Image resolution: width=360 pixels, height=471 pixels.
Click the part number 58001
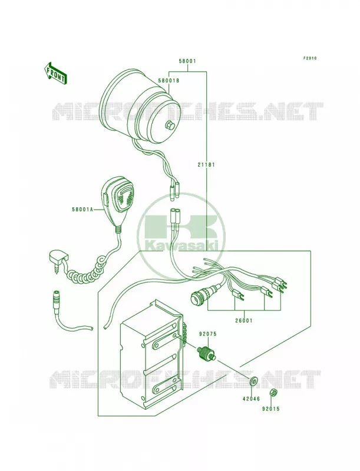pos(187,61)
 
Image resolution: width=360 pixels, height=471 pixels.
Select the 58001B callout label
pos(169,81)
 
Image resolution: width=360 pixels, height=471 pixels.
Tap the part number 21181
pos(206,165)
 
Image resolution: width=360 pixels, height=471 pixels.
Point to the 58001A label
pos(82,210)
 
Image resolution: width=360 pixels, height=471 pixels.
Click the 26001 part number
pos(244,320)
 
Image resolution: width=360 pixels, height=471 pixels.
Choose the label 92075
pos(207,334)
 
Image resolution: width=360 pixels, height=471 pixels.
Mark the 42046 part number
pos(251,399)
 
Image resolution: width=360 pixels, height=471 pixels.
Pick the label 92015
pos(270,409)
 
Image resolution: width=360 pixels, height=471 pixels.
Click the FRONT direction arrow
pos(55,74)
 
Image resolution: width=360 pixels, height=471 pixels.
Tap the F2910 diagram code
pos(309,58)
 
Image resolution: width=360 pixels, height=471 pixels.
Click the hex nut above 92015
pos(273,392)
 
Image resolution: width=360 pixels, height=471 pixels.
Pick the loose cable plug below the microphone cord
pos(57,300)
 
